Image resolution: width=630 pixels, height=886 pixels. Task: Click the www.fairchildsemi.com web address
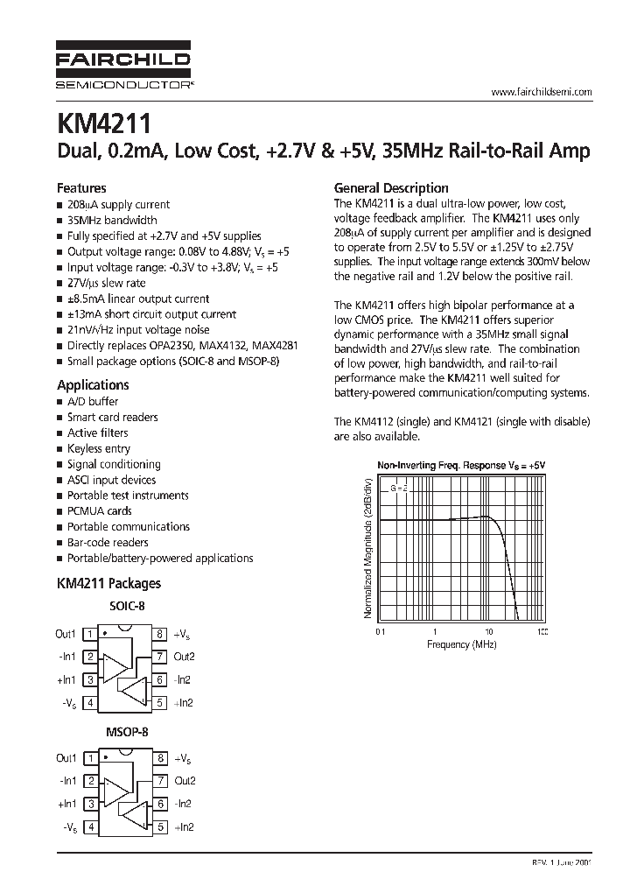pos(542,92)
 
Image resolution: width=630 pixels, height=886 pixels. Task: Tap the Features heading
pos(81,187)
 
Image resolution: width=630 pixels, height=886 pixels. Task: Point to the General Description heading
pos(392,187)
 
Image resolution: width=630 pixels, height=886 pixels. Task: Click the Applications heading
pos(93,384)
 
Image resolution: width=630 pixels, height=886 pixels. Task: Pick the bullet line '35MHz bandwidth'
pos(112,220)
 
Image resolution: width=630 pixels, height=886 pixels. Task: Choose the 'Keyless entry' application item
pos(99,448)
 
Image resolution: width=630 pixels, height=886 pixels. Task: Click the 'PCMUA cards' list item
pos(100,510)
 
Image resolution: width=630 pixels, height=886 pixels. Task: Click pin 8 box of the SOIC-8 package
pos(160,634)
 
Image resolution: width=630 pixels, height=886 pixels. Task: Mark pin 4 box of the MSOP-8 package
pos(90,826)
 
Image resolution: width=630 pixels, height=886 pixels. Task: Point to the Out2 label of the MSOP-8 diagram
pos(185,780)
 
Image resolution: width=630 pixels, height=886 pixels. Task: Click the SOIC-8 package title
pos(126,606)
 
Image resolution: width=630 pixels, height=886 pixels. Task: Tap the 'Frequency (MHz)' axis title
pos(461,644)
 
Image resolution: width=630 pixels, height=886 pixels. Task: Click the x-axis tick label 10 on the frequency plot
pos(488,631)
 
